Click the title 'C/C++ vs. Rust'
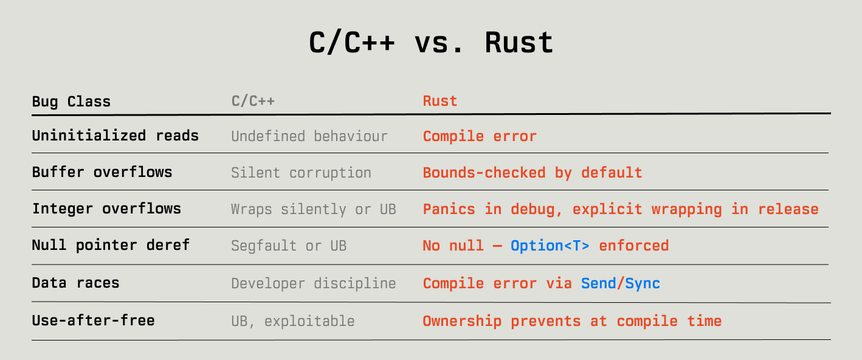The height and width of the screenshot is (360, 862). coord(431,43)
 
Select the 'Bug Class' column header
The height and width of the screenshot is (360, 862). coord(71,102)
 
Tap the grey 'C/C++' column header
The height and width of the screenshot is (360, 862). coord(253,101)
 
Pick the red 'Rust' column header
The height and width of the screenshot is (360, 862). coord(440,101)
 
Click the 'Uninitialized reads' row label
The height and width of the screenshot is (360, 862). coord(115,136)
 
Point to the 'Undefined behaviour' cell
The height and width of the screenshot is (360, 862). coord(309,136)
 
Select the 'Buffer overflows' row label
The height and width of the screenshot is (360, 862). coord(102,172)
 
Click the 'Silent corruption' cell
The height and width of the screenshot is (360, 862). coord(302,173)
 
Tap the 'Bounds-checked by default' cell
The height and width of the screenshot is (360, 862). coord(533,173)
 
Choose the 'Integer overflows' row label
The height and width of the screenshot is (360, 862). coord(106,209)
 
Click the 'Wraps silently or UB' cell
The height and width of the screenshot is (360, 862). coord(314,209)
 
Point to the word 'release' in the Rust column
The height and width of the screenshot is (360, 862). coord(788,209)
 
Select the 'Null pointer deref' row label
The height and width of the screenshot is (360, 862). coord(111,245)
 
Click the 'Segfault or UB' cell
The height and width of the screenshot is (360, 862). coord(289,246)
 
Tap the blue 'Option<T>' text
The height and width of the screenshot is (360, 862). coord(550,246)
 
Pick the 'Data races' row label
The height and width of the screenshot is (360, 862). coord(76,283)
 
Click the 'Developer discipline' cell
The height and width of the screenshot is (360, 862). coord(314,284)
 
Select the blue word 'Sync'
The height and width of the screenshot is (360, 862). coord(643,283)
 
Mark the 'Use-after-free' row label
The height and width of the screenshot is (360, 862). coord(93,320)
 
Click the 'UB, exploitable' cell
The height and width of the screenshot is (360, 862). coord(293,321)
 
